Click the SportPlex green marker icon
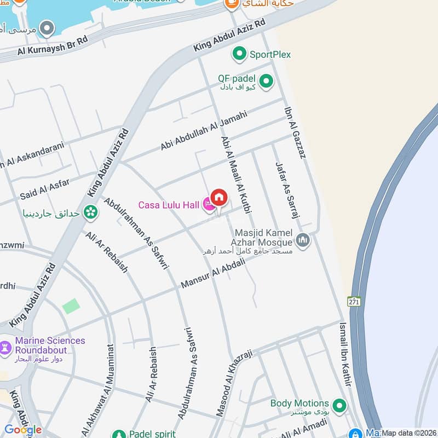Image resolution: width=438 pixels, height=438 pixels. (239, 54)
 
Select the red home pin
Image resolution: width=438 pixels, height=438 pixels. (219, 198)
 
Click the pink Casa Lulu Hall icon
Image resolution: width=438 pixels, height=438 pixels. (209, 205)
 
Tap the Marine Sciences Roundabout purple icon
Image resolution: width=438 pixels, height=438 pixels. (6, 347)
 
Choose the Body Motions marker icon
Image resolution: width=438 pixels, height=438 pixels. (340, 405)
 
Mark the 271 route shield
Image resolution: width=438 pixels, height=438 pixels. (354, 301)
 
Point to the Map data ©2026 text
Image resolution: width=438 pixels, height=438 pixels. (409, 433)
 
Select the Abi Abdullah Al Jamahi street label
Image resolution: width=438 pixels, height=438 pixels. (204, 131)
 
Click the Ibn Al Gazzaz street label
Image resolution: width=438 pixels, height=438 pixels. (294, 132)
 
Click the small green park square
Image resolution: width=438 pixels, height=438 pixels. (71, 307)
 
